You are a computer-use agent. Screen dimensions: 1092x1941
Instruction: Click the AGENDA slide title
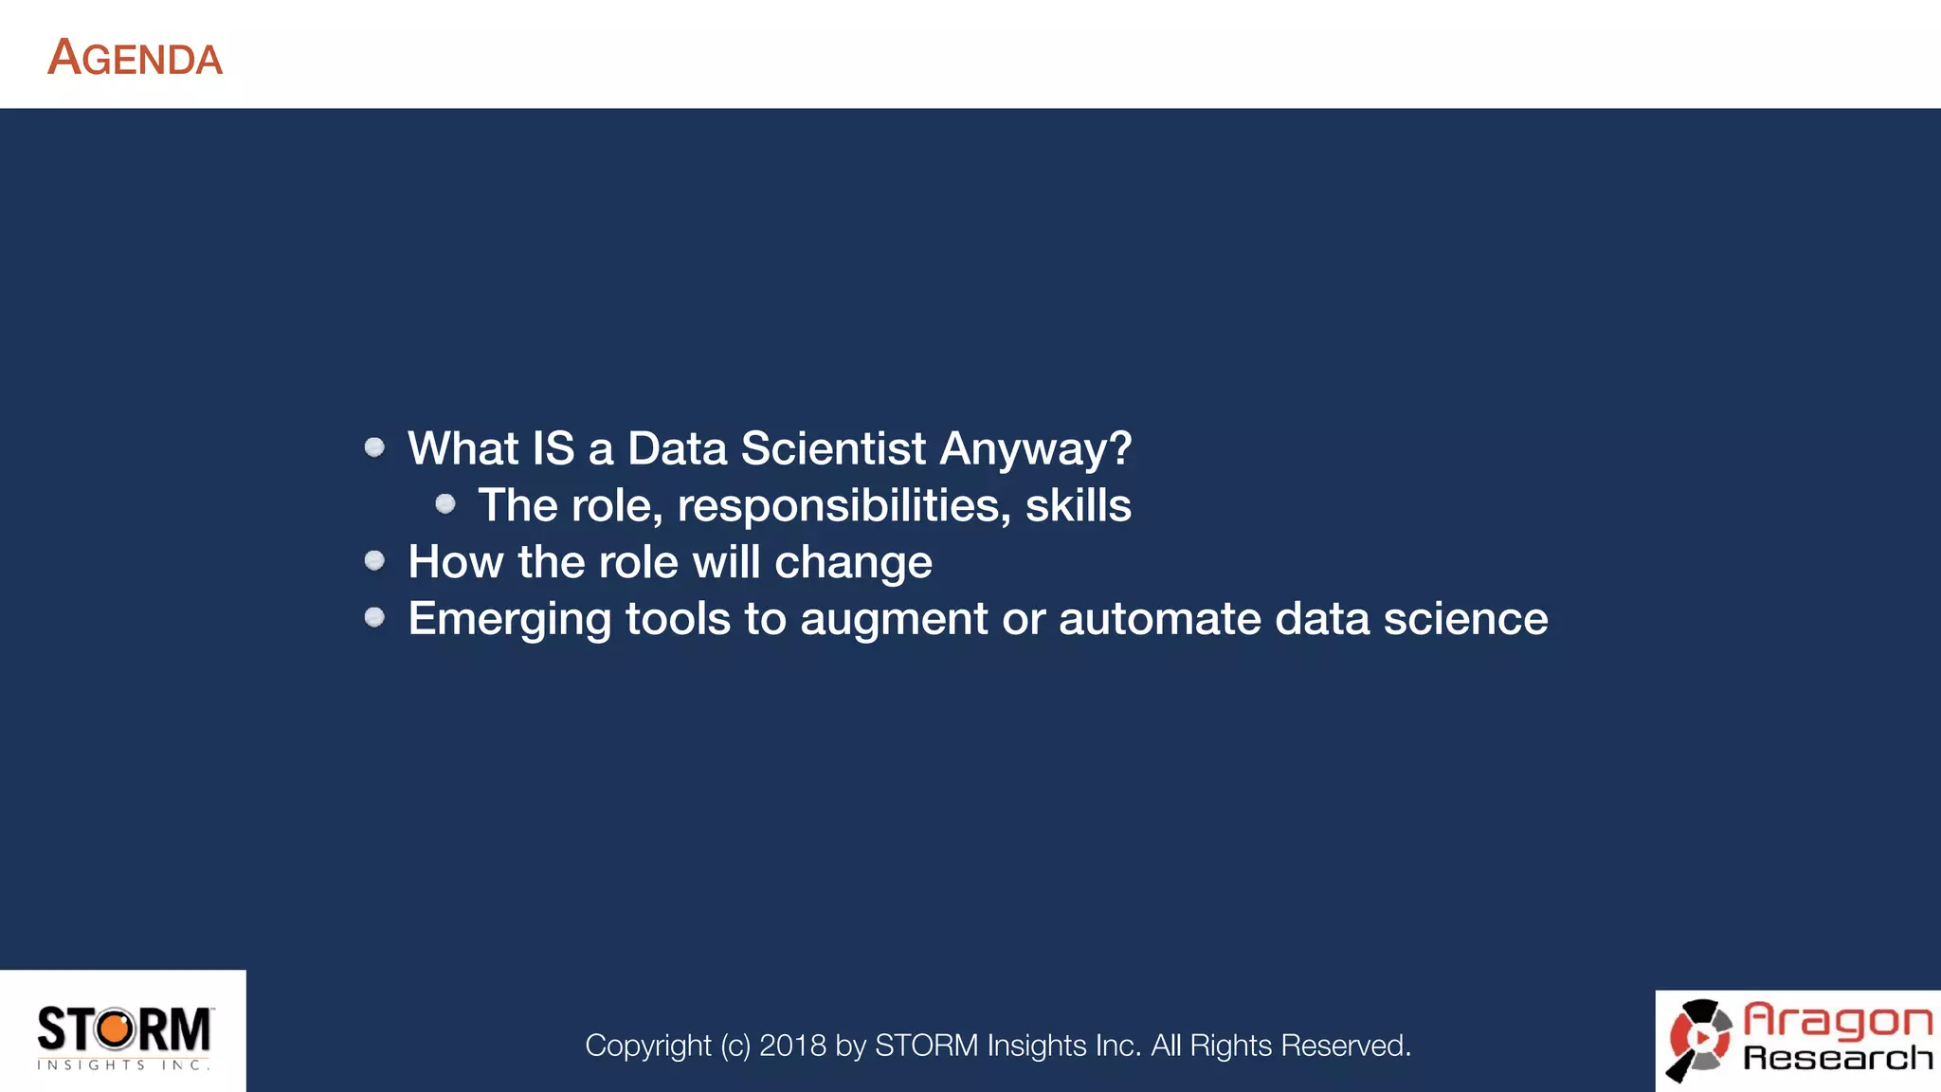[135, 58]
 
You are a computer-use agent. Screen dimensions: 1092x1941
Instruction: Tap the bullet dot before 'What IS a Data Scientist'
[374, 447]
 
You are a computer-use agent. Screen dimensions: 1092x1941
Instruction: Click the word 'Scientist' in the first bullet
[833, 448]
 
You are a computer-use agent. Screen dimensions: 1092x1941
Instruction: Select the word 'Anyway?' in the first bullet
[1035, 449]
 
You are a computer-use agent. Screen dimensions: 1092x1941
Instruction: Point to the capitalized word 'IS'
[553, 448]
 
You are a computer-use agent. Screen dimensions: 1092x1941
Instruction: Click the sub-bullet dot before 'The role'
[445, 504]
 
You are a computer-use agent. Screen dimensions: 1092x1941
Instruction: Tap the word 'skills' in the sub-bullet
[1078, 505]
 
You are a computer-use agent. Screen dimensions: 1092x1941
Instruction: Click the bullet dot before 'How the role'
[374, 561]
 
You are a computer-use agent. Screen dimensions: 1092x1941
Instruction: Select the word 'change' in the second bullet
[853, 563]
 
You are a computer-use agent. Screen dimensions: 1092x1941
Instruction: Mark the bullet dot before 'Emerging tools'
[374, 618]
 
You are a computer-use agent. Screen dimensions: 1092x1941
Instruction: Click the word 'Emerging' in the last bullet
[509, 620]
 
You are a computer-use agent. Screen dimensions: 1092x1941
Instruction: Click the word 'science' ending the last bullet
[1465, 619]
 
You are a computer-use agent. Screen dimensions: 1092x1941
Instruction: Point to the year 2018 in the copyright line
[792, 1046]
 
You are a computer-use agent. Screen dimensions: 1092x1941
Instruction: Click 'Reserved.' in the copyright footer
[1346, 1046]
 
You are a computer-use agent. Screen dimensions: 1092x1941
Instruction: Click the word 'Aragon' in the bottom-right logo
[1837, 1020]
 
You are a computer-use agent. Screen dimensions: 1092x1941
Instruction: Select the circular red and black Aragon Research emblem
[1700, 1039]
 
